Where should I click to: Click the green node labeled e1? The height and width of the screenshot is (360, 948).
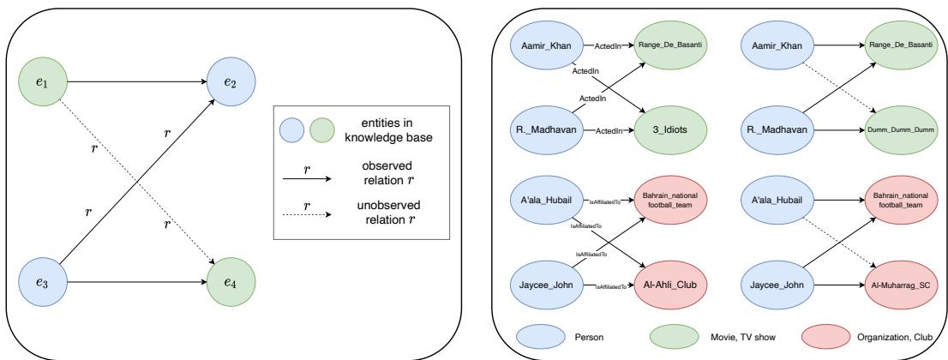[40, 84]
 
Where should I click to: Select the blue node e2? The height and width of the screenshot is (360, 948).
[229, 84]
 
